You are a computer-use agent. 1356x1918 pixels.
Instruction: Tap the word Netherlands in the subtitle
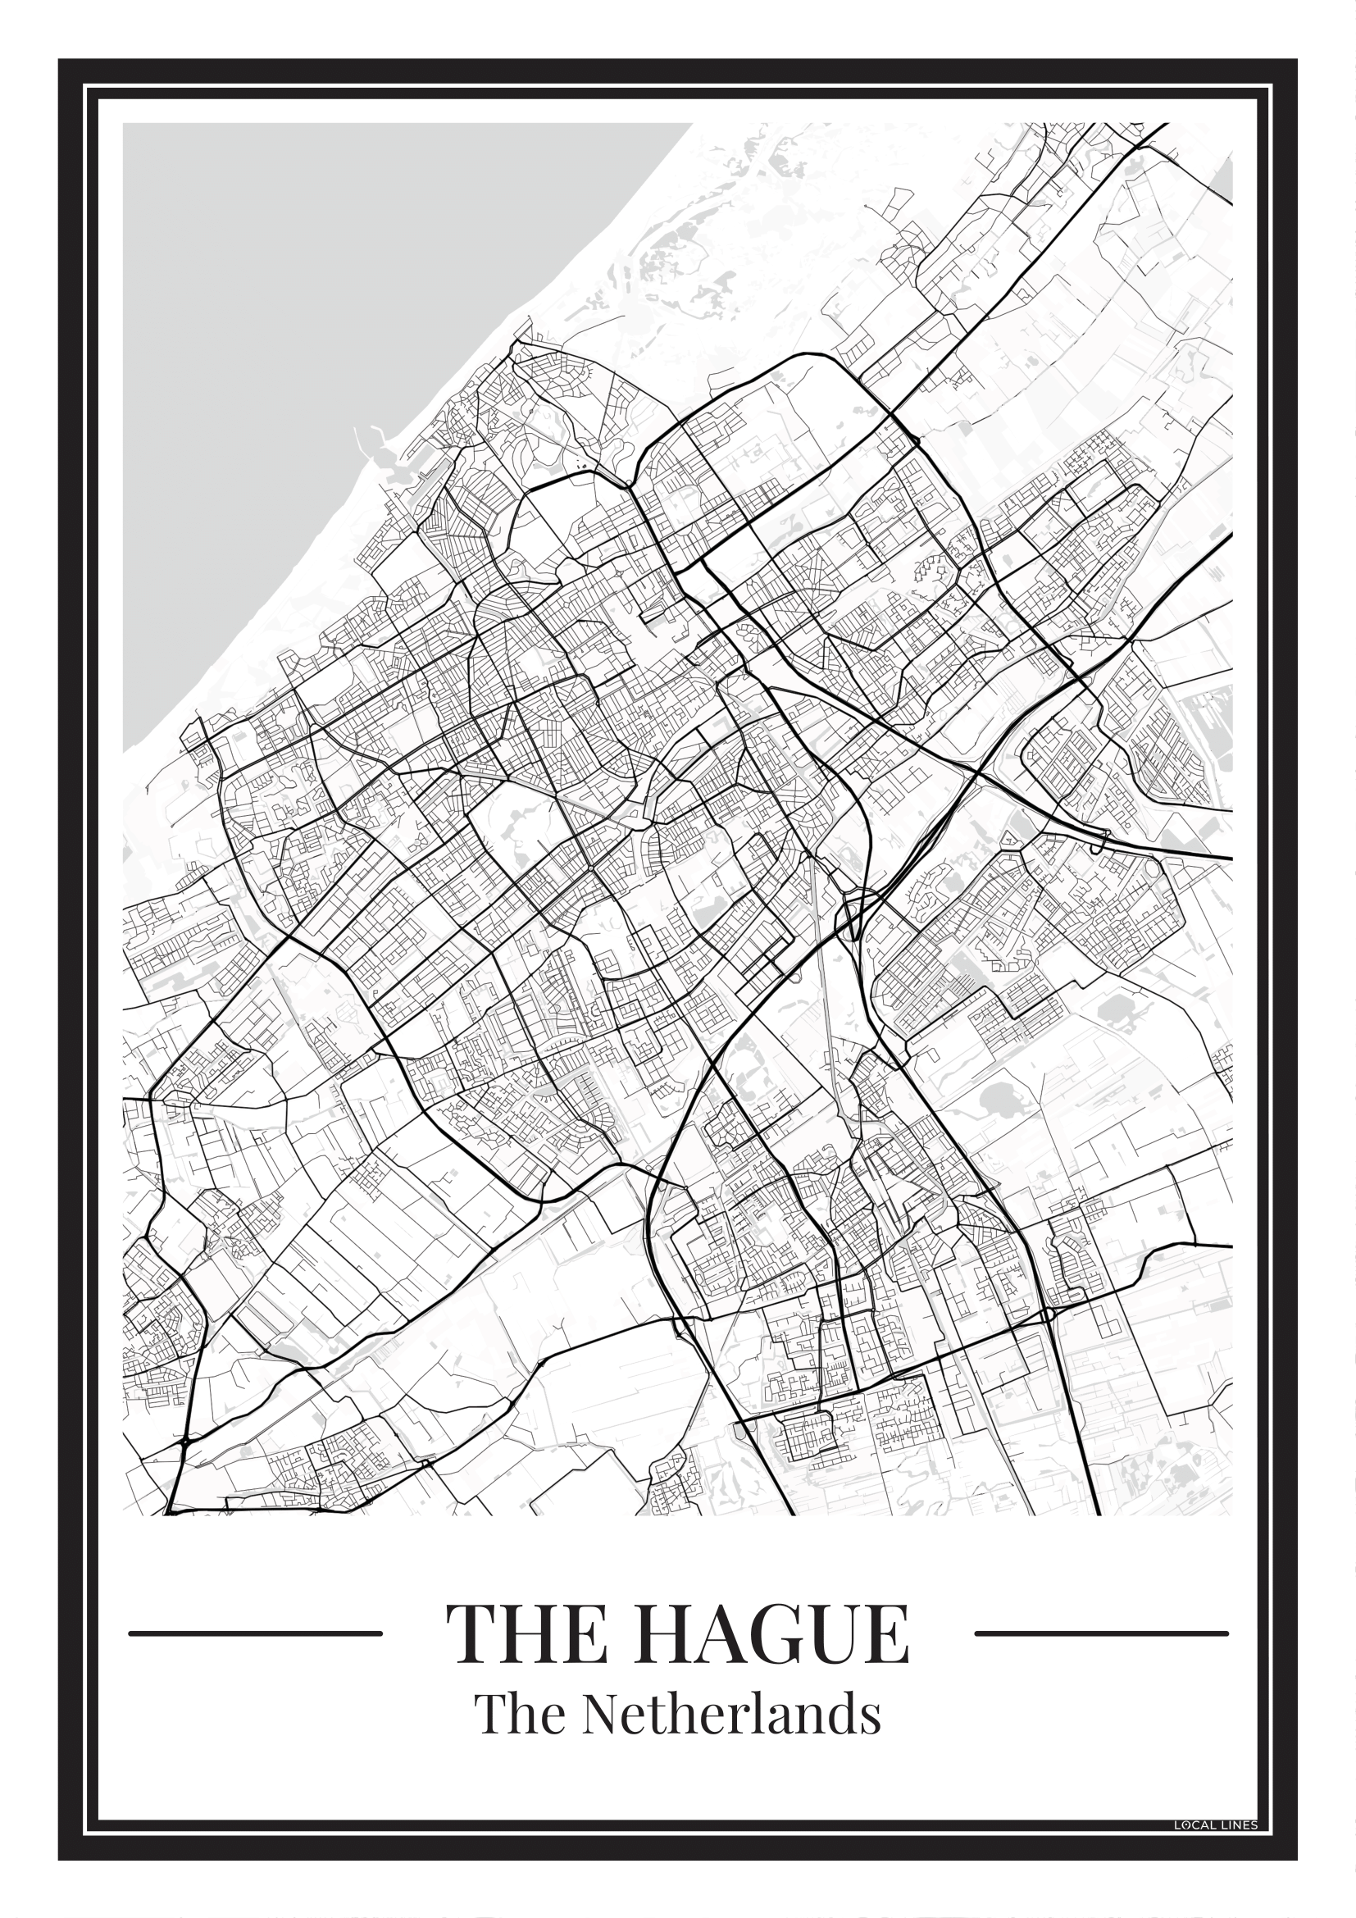click(730, 1714)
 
